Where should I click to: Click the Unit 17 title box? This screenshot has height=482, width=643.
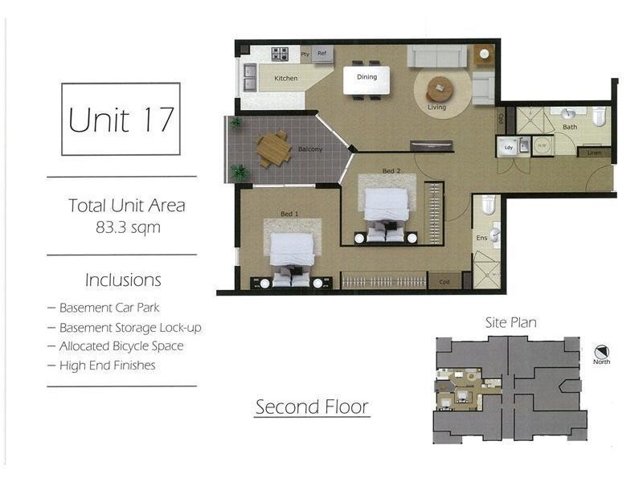point(121,119)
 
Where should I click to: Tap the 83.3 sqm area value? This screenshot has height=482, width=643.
point(128,227)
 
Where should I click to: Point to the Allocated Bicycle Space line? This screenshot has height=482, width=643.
point(121,346)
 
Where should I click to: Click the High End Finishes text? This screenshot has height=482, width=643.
point(107,366)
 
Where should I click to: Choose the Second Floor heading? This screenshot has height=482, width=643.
point(312,406)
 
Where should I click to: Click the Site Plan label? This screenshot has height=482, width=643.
point(510,323)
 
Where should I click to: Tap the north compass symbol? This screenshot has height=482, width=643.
point(600,352)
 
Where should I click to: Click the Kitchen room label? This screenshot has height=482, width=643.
point(285,79)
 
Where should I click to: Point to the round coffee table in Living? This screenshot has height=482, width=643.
point(440,88)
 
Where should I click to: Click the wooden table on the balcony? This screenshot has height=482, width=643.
point(274,149)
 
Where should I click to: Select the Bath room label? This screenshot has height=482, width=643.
point(570,127)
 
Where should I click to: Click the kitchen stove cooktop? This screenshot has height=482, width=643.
point(280,54)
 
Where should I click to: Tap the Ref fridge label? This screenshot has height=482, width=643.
point(321,54)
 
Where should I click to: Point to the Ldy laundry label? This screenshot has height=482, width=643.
point(507,148)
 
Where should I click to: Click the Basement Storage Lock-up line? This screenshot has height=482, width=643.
point(130,328)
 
